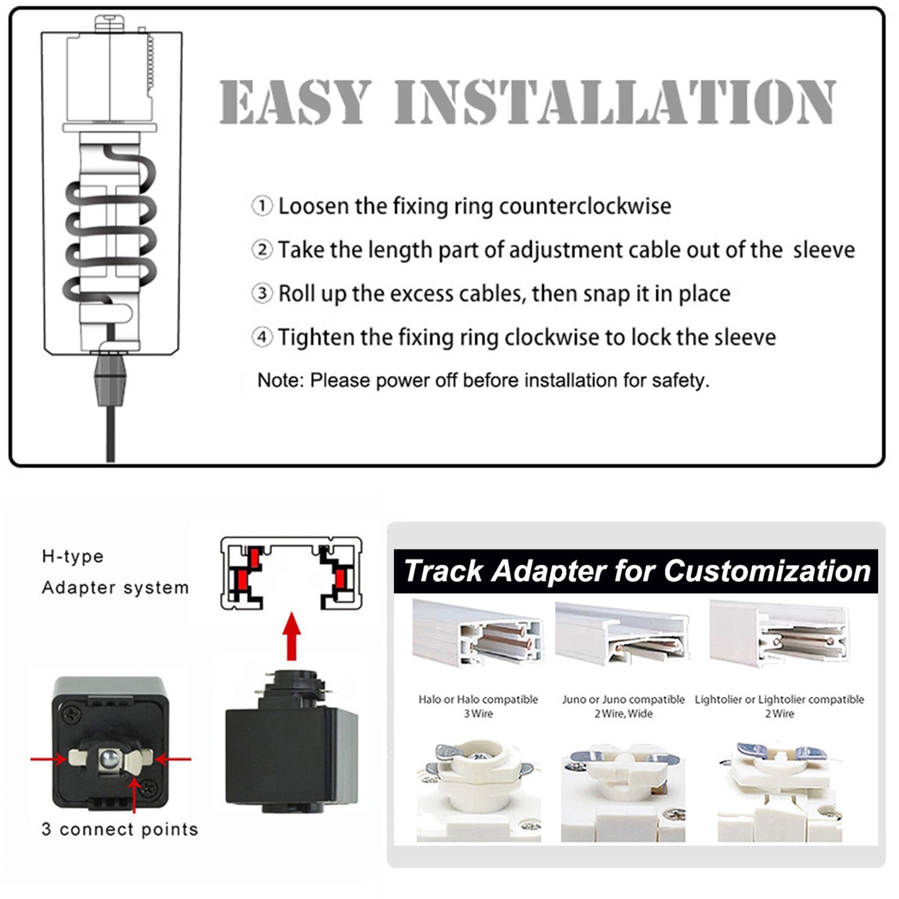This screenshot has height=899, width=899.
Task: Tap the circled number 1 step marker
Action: [262, 206]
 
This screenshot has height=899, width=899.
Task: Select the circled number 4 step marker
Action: [262, 337]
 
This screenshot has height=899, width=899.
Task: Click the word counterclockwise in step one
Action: [585, 206]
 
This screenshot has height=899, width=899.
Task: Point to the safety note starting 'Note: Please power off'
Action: [483, 380]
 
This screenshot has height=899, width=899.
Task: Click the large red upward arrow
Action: [291, 636]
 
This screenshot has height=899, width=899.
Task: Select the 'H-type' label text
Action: [73, 556]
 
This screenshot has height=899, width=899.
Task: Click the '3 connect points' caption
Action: [120, 829]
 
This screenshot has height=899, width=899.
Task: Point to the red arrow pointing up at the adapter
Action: [134, 794]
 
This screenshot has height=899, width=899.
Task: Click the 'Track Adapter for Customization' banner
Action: [636, 571]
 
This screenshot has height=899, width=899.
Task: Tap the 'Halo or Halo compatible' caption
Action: [478, 700]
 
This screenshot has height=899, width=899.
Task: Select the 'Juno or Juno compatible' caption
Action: [623, 700]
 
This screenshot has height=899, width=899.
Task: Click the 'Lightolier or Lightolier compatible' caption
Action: [779, 700]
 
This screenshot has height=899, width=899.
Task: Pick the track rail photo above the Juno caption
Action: [622, 633]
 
